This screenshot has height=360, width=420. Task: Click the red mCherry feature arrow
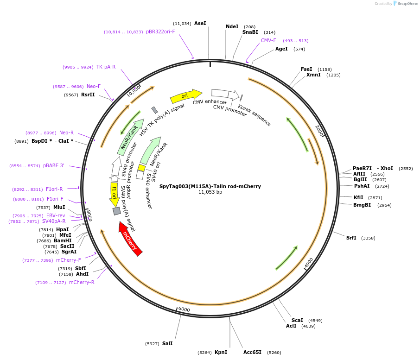[130, 238]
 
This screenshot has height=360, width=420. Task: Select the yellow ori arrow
[185, 96]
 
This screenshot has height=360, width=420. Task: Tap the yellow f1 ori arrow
[114, 194]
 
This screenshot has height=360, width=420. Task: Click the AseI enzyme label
[200, 23]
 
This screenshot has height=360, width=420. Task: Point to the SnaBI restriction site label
[250, 32]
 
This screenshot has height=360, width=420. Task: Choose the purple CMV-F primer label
[268, 41]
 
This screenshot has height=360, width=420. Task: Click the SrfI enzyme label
[351, 238]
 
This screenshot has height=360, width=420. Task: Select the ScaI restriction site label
[297, 320]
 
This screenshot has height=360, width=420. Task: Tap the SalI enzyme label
[167, 344]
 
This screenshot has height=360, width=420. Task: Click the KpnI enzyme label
[221, 352]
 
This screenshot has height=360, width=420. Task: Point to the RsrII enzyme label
[88, 95]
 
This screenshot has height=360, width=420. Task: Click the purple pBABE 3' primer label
[54, 166]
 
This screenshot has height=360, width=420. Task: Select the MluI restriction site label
[59, 208]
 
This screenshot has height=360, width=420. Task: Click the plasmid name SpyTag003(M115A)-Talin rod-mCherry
[210, 186]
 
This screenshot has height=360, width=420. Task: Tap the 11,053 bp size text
[210, 192]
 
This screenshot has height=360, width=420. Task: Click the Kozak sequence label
[255, 115]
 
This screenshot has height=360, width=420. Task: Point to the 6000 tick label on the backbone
[184, 309]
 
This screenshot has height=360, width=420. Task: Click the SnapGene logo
[404, 4]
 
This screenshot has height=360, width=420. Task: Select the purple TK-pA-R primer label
[106, 67]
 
